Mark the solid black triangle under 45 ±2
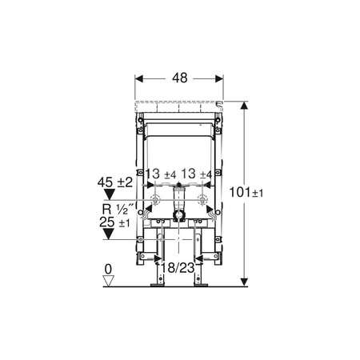point(111,194)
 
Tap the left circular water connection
point(158,199)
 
